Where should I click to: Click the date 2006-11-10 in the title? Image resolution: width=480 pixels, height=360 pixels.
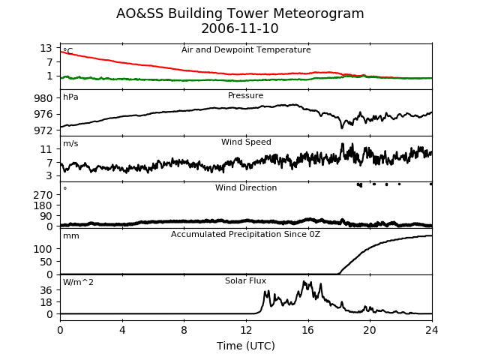coord(240,28)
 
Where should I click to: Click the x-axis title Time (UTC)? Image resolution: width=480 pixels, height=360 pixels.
coord(246,346)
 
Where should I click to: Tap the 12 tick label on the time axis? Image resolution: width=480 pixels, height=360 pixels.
coord(246,330)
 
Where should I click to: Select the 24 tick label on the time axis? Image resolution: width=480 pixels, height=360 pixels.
coord(432,330)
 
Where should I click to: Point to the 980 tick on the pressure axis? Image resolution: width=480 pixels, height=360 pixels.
coord(43,98)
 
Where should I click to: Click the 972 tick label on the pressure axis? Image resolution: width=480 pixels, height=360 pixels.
coord(43,130)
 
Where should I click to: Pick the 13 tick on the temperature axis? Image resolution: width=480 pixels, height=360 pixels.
coord(46,48)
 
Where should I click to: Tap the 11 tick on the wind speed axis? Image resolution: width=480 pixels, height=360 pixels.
coord(46,149)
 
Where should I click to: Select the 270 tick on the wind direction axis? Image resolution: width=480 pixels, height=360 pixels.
coord(43,195)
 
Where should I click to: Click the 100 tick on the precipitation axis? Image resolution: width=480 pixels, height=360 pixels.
coord(43,249)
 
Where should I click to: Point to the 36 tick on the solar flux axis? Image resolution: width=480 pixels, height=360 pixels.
coord(46,290)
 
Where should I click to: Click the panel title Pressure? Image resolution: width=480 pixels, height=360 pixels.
coord(245,95)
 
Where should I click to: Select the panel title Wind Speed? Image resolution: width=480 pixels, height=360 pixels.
coord(246,142)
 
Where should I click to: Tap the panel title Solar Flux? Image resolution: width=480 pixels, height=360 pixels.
coord(245,280)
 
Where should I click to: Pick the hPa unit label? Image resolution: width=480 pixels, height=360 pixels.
coord(70,97)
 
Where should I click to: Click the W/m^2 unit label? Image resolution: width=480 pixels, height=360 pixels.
coord(78,282)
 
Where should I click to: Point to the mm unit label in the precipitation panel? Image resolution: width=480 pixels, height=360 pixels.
coord(71,236)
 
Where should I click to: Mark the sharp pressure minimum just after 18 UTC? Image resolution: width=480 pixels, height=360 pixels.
coord(342,127)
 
